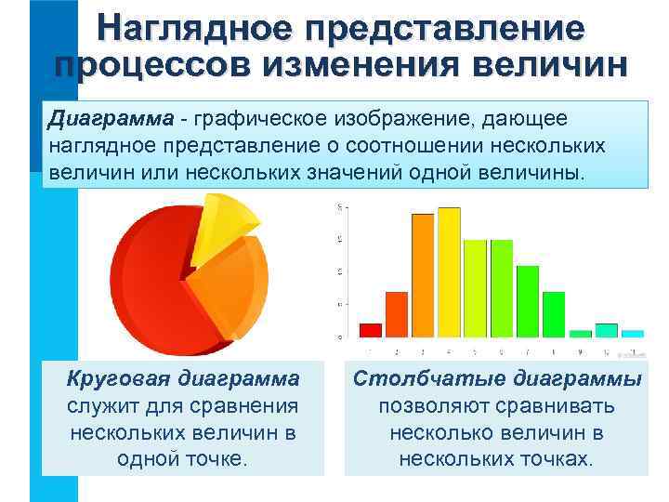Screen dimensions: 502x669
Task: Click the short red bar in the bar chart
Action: (370, 329)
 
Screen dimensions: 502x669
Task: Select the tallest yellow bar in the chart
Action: (449, 271)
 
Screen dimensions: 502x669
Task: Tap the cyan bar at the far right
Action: (633, 333)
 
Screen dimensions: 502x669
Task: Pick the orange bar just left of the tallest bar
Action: (423, 275)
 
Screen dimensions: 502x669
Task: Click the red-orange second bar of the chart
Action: (397, 313)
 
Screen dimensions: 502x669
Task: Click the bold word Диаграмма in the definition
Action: (111, 120)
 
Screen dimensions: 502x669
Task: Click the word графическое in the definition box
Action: (256, 120)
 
